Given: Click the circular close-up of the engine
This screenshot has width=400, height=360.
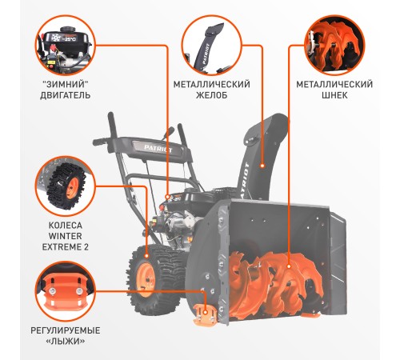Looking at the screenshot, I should pyautogui.click(x=65, y=45).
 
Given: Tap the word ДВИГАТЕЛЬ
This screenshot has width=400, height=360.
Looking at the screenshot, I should pyautogui.click(x=65, y=95).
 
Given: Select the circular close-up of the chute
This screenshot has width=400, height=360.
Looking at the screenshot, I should pyautogui.click(x=210, y=45).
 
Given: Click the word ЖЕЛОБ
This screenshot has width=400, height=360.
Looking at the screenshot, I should pyautogui.click(x=210, y=95).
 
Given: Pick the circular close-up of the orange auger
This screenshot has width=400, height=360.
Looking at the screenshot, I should pyautogui.click(x=334, y=45).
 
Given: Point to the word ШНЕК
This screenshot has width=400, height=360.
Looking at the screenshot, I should pyautogui.click(x=334, y=95).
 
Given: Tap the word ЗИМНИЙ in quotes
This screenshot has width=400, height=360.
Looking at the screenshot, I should pyautogui.click(x=65, y=83).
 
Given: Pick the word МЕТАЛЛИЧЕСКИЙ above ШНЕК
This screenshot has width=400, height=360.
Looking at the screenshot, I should pyautogui.click(x=334, y=83).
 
